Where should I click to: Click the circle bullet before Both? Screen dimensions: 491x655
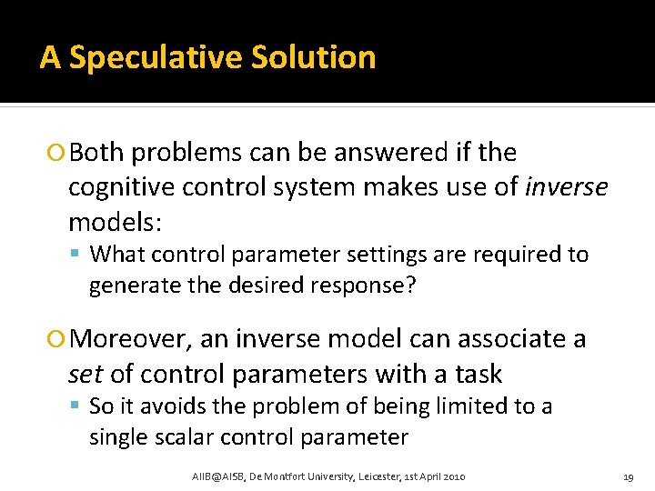[59, 154]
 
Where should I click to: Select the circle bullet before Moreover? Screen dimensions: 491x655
[59, 340]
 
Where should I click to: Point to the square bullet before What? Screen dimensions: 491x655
[79, 256]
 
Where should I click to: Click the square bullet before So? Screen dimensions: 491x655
[79, 407]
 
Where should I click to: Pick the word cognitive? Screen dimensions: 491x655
[119, 187]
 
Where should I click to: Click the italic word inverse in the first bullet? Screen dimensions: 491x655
[567, 187]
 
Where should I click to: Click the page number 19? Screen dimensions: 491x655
[628, 476]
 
